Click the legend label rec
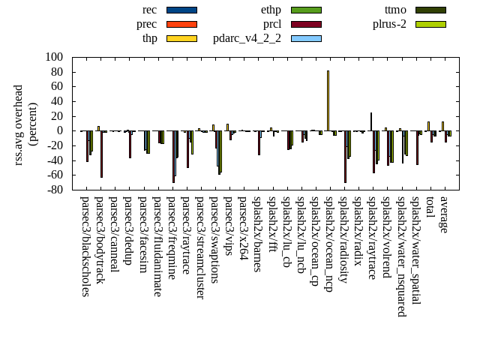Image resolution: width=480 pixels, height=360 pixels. [149, 10]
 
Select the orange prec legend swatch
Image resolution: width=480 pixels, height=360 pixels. [181, 24]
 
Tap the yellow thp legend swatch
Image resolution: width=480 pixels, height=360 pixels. [181, 38]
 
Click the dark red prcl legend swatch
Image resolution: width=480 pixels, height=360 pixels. [306, 24]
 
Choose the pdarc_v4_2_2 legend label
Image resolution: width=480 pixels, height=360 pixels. [247, 38]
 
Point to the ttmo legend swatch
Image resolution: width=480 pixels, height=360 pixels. [430, 10]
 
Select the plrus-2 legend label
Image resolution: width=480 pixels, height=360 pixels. [389, 24]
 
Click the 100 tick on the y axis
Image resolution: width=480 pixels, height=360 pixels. [54, 57]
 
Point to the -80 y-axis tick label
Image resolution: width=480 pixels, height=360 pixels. [54, 190]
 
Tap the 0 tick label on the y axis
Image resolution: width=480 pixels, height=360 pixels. [60, 130]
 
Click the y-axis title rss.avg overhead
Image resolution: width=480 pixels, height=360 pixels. [19, 124]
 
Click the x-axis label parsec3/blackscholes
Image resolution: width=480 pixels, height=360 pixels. [85, 247]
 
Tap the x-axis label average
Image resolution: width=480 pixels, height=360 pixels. [444, 214]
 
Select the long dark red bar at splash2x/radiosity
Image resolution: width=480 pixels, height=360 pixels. [345, 157]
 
